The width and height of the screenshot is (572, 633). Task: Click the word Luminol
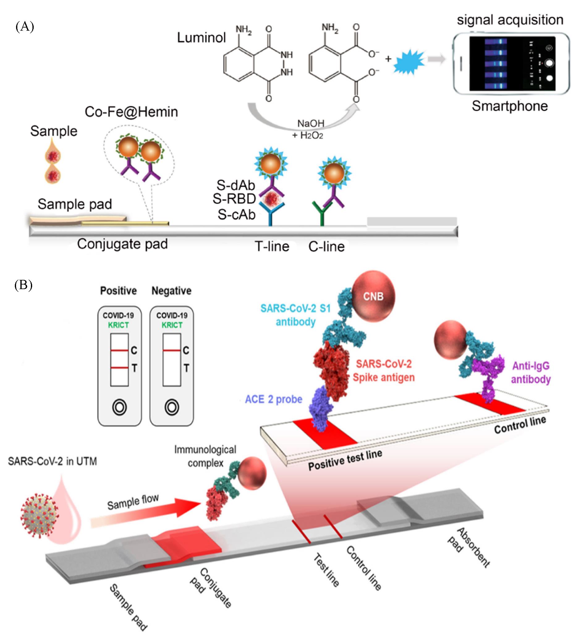[201, 38]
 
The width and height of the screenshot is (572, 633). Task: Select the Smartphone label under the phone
[510, 106]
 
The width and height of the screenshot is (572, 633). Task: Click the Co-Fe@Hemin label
[131, 112]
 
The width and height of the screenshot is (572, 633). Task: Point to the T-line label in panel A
[272, 246]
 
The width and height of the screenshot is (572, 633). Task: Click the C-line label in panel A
[326, 247]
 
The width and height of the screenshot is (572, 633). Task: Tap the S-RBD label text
[234, 199]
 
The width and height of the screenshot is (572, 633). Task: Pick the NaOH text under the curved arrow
[310, 124]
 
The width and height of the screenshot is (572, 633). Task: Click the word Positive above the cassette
[118, 291]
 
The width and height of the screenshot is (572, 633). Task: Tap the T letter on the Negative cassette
[186, 368]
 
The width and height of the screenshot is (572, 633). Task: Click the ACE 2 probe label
[273, 399]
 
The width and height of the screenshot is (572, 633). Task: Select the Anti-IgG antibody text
[531, 372]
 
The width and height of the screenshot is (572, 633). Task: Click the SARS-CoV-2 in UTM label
[53, 462]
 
